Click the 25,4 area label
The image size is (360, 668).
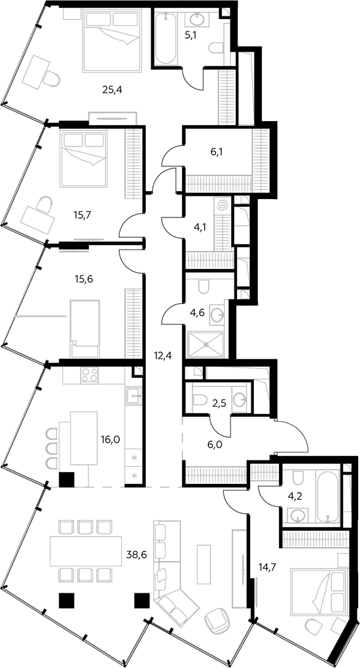tap(113, 90)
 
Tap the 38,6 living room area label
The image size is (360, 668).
tap(136, 554)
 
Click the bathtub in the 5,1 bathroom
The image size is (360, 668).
tap(166, 39)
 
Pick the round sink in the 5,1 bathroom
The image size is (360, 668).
tap(197, 20)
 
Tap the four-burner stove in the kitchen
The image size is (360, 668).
tap(89, 375)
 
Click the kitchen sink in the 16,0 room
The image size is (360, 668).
tap(134, 396)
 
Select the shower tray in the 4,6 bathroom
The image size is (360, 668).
tap(206, 345)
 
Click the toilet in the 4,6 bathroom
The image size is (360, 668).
tap(204, 286)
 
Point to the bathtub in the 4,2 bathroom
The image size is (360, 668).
tap(328, 496)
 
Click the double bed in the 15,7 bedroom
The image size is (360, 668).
tap(84, 159)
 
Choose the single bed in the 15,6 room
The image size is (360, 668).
tap(85, 329)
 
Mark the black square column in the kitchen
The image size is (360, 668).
tap(67, 479)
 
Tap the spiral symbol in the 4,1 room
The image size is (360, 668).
tap(222, 206)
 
